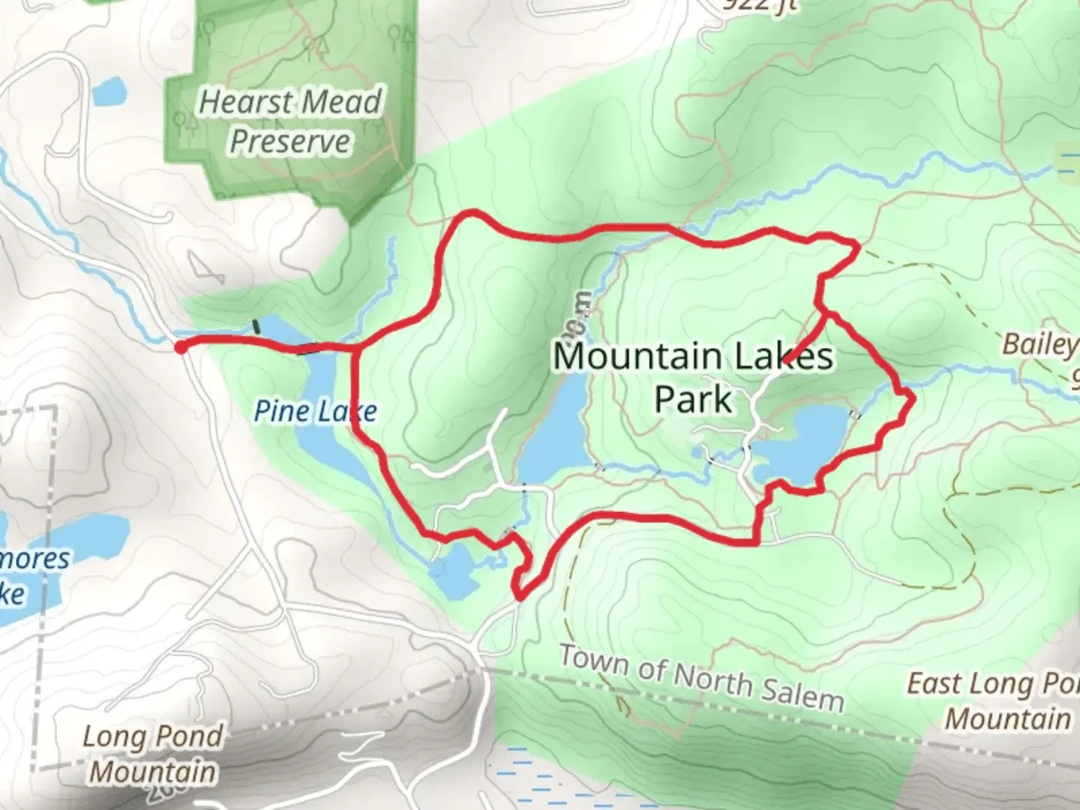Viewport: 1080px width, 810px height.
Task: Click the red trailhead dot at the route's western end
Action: coord(180,346)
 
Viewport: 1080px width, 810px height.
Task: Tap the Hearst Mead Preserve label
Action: coord(290,121)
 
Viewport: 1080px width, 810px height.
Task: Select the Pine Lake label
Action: coord(315,411)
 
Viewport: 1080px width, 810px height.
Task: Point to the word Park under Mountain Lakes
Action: coord(693,399)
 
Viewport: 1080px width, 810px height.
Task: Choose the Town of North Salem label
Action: coord(702,679)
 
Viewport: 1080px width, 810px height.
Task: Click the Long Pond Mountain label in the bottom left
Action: coord(152,754)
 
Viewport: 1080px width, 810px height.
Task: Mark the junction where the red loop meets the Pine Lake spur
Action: coord(354,348)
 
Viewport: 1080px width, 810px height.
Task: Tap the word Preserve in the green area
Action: coord(290,141)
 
